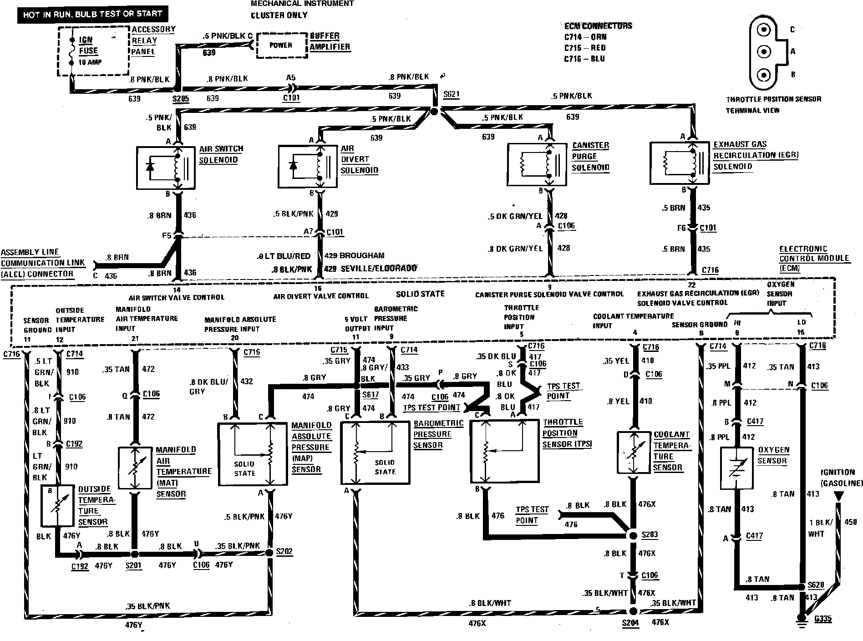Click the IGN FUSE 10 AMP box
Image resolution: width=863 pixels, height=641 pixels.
pyautogui.click(x=93, y=51)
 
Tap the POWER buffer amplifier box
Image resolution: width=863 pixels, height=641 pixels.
pyautogui.click(x=281, y=45)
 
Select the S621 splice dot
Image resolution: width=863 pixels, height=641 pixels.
pyautogui.click(x=434, y=111)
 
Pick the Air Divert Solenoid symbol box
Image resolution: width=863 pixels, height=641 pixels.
pyautogui.click(x=307, y=166)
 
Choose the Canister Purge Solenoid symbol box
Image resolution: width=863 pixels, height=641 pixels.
pyautogui.click(x=537, y=164)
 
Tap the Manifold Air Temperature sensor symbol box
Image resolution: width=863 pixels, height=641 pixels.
pyautogui.click(x=134, y=468)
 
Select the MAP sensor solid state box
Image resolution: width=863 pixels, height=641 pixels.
pyautogui.click(x=253, y=454)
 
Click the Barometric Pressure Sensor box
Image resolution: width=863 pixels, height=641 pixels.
pyautogui.click(x=375, y=453)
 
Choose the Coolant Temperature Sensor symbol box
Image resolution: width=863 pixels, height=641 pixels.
pyautogui.click(x=633, y=452)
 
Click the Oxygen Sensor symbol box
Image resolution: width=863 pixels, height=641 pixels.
pyautogui.click(x=737, y=468)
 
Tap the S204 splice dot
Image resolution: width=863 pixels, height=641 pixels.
pyautogui.click(x=633, y=611)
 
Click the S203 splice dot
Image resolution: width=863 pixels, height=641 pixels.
pyautogui.click(x=633, y=535)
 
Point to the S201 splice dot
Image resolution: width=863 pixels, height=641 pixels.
pyautogui.click(x=134, y=554)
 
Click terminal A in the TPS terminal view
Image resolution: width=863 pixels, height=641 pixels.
pyautogui.click(x=763, y=52)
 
